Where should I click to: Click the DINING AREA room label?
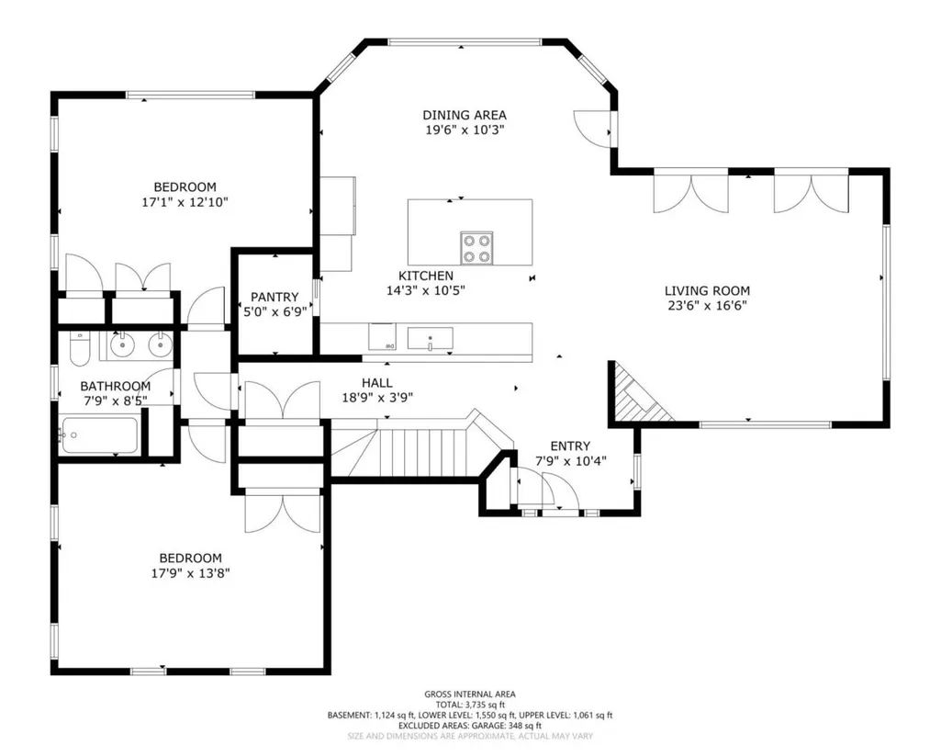(465, 115)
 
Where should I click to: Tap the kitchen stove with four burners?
(476, 248)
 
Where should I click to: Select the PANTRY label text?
(274, 297)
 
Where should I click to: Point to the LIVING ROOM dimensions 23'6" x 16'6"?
(708, 306)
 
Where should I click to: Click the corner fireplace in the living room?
(636, 393)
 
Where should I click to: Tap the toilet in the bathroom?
(79, 349)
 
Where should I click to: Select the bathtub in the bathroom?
(100, 435)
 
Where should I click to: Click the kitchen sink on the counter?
(430, 338)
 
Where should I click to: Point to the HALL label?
(377, 382)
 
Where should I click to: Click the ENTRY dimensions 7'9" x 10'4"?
(571, 461)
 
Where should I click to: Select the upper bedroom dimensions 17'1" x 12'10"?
(185, 202)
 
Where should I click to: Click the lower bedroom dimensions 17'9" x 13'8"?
(190, 573)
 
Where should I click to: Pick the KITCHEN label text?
(426, 276)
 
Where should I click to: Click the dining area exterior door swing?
(592, 129)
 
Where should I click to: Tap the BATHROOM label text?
(116, 386)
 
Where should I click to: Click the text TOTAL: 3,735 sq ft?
(470, 705)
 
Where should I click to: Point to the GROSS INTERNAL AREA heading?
(470, 694)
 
